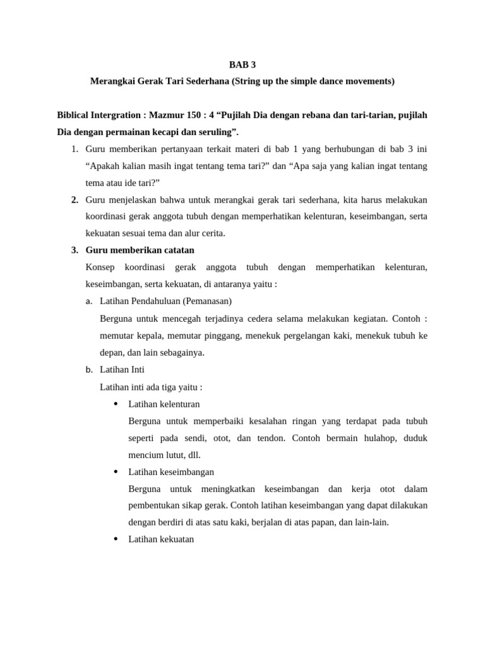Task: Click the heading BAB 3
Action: [242, 64]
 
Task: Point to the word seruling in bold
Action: [215, 132]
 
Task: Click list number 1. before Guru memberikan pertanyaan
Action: [75, 149]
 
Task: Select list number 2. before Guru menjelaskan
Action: [75, 200]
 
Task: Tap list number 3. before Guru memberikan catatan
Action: [75, 250]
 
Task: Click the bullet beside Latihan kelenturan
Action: [116, 404]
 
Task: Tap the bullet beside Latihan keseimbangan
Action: [116, 471]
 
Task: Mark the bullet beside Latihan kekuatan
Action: [116, 539]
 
